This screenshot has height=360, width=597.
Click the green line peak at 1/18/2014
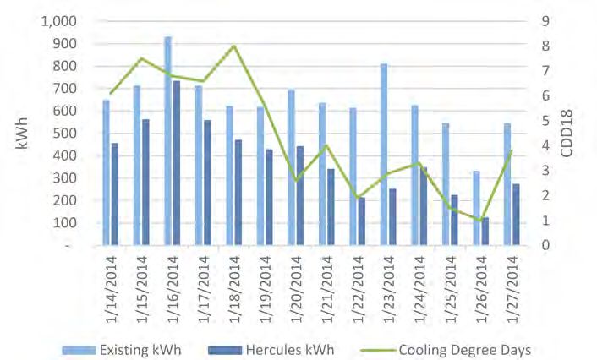pyautogui.click(x=233, y=46)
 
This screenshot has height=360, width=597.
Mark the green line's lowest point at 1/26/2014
pyautogui.click(x=480, y=221)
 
